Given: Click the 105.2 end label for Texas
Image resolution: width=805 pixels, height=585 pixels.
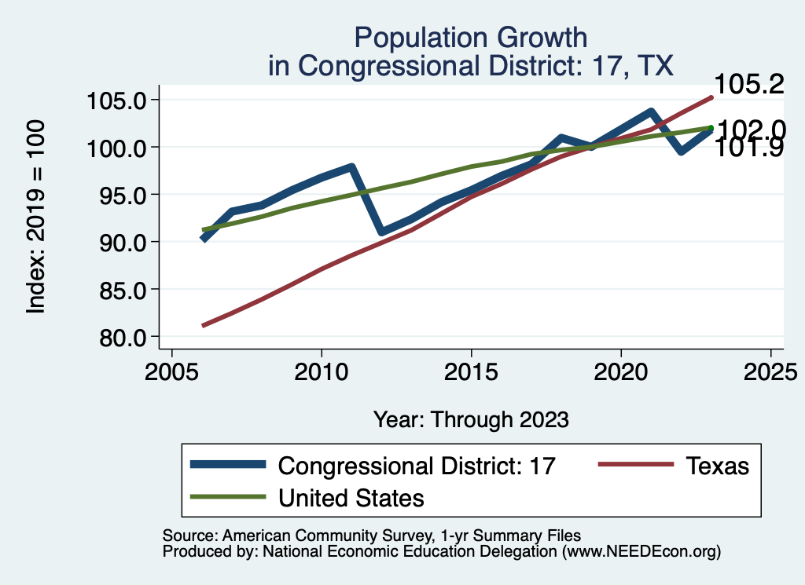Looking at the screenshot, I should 748,84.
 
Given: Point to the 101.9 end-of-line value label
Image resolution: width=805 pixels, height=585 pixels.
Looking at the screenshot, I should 748,147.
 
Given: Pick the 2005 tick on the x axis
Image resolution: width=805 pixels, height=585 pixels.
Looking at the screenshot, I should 171,368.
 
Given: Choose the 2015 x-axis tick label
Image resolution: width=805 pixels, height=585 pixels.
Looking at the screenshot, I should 471,368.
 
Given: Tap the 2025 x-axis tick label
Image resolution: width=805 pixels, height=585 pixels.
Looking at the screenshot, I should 770,368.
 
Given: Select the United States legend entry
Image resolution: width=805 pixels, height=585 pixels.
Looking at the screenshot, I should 351,497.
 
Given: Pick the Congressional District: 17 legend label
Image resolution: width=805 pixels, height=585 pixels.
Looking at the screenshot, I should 417,466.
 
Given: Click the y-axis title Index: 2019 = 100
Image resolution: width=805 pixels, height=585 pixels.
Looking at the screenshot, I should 36,218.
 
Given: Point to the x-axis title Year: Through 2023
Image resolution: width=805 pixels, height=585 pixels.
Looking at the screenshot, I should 471,419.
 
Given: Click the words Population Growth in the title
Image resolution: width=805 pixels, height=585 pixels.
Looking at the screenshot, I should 471,37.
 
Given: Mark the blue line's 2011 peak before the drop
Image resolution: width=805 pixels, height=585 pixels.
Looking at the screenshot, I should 351,167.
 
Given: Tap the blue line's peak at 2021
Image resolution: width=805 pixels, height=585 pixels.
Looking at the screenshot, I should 651,112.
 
